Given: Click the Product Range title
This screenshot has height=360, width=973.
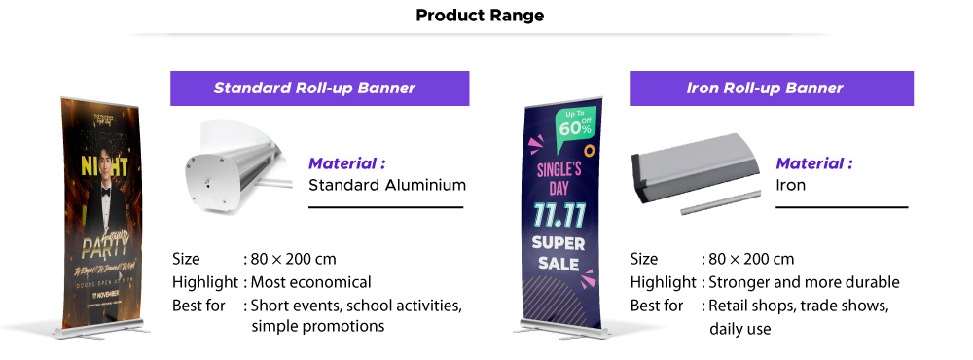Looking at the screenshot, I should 480,16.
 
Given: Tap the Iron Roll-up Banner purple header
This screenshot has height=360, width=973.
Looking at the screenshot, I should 765,89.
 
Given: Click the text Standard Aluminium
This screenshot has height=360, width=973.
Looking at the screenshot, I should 387,185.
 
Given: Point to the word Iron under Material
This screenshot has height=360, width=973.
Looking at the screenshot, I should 790,185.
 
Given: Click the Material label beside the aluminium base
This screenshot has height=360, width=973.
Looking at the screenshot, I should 347,163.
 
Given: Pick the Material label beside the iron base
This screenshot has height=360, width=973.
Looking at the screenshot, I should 814,163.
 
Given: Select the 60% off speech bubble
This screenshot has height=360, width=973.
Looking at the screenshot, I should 575,124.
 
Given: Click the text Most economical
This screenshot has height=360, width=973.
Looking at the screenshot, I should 311,282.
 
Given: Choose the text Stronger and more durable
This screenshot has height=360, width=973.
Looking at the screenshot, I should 804,282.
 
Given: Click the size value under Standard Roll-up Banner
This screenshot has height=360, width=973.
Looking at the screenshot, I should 294,259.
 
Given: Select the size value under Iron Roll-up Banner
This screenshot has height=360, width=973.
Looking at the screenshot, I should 751,259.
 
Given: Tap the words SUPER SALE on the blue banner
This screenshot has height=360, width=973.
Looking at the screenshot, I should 558,252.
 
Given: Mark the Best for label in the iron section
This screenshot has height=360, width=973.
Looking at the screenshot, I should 657,306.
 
